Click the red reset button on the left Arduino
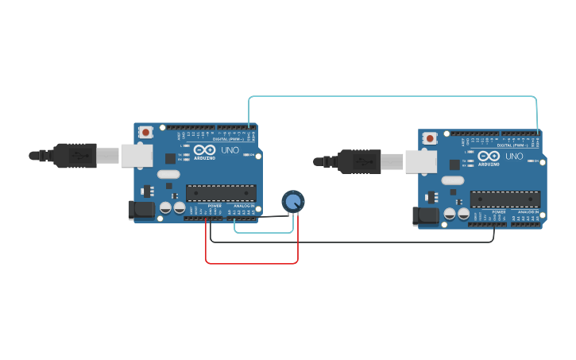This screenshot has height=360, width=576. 145,132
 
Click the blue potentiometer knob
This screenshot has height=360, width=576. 292,201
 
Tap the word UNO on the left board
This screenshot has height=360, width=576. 230,150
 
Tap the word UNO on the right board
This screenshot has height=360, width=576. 514,157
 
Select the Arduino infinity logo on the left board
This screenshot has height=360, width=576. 203,149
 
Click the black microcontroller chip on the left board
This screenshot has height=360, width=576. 221,193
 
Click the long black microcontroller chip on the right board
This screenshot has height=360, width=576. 505,199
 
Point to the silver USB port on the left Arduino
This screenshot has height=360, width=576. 137,155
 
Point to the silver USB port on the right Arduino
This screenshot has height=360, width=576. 421,161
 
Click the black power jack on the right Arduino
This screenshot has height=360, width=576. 426,215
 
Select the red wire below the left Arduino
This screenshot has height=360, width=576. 252,263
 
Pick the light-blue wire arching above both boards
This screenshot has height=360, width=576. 393,97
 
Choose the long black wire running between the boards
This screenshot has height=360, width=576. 350,242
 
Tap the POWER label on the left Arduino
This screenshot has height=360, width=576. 215,207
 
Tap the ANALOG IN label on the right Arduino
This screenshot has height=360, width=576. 527,212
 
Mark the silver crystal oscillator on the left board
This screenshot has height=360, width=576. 168,174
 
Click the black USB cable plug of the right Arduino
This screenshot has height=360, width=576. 361,161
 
